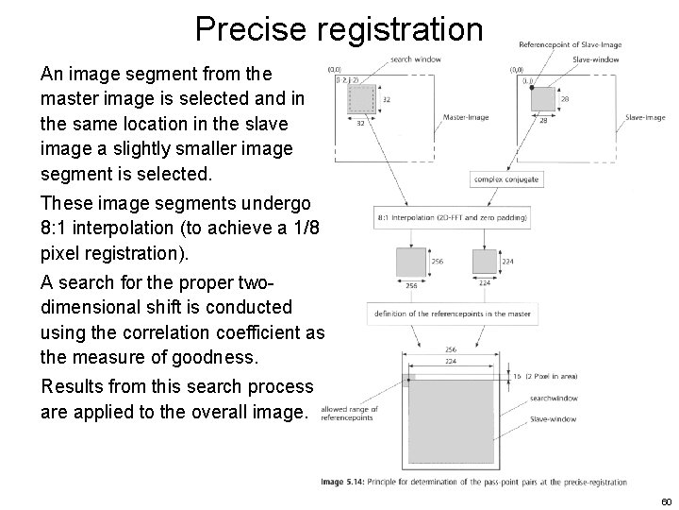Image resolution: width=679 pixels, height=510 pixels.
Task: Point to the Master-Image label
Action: point(466,117)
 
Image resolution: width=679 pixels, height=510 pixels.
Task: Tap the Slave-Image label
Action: point(645,117)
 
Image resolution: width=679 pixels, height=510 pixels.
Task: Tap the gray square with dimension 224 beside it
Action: point(484,261)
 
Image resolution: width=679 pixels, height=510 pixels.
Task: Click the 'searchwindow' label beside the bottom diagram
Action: point(554,400)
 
